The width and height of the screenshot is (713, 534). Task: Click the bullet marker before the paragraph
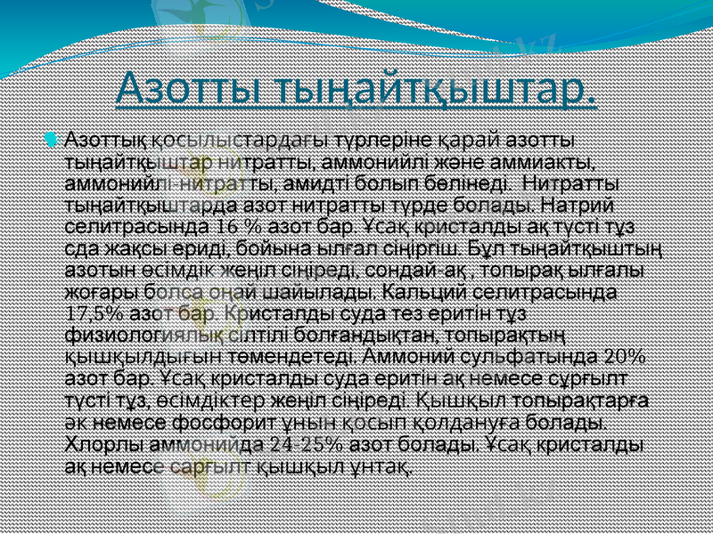(50, 139)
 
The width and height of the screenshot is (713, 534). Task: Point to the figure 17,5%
(94, 312)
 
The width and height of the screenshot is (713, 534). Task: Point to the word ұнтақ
(381, 463)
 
